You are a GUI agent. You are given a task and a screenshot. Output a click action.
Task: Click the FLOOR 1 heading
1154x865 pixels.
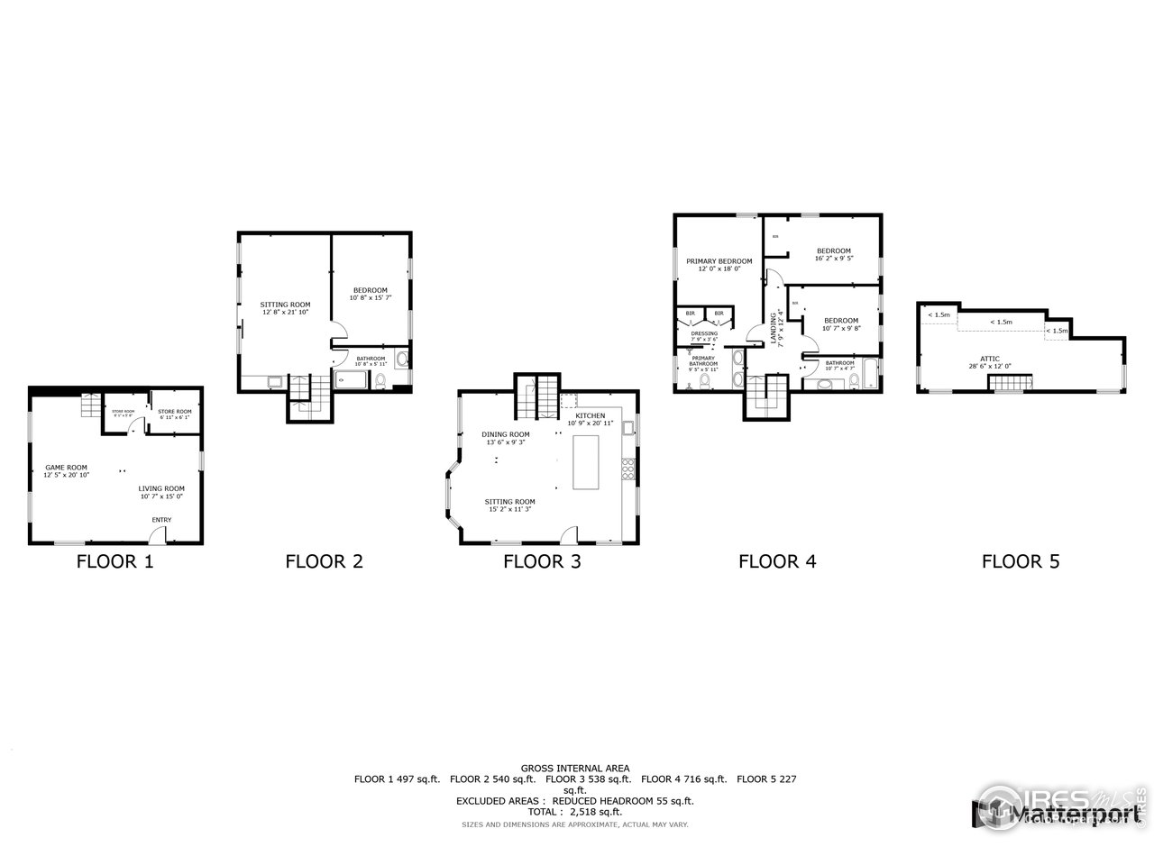114,561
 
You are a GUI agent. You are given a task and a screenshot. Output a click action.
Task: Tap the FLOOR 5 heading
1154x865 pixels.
1021,561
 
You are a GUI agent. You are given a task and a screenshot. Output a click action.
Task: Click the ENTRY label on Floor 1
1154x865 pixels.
161,520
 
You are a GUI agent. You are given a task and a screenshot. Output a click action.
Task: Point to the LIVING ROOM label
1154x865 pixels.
162,492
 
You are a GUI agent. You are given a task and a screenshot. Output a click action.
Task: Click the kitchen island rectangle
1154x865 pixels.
586,462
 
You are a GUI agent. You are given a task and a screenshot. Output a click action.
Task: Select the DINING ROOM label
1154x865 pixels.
505,438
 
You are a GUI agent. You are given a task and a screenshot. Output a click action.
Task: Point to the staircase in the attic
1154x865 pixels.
1010,385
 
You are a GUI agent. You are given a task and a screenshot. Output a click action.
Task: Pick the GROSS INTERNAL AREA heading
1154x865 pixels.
574,768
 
